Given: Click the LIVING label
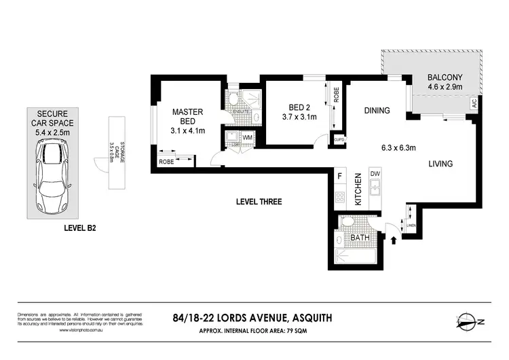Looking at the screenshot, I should coord(440,164).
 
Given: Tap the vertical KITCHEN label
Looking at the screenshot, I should coord(358,190).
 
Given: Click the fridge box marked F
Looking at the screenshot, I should coord(339,176).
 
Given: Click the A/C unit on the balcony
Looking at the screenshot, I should coord(474,103).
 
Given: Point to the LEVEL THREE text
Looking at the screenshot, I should coord(259,202).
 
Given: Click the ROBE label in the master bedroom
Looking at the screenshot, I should coord(166,162).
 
